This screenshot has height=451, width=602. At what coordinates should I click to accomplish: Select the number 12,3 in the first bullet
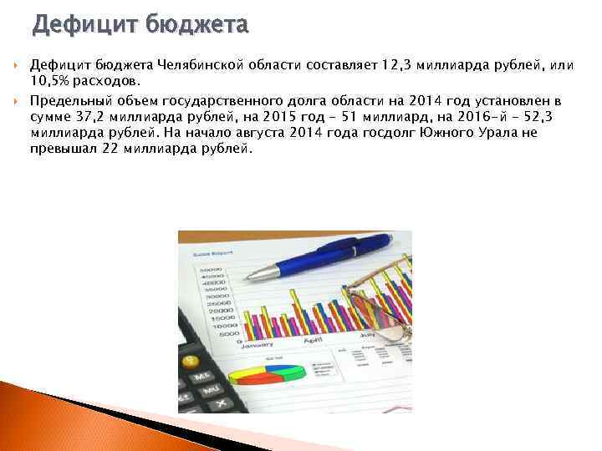coord(395,65)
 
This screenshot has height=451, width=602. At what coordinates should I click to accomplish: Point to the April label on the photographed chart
coord(314,341)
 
